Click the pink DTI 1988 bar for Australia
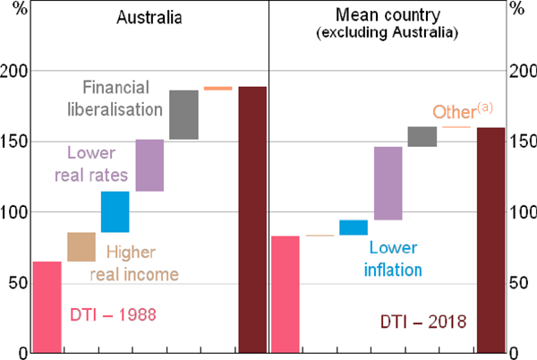[x=47, y=307]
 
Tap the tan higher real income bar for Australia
[x=81, y=247]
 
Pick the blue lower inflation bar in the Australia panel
[x=115, y=212]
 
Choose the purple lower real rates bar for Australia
[x=149, y=165]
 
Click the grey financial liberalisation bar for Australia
[x=183, y=115]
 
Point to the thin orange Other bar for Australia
[x=217, y=89]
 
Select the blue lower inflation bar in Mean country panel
[x=353, y=227]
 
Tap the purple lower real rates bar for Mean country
[x=388, y=184]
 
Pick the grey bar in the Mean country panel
[x=422, y=136]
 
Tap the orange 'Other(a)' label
[x=463, y=112]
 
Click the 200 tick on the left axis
[x=17, y=71]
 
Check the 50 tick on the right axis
[x=518, y=283]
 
